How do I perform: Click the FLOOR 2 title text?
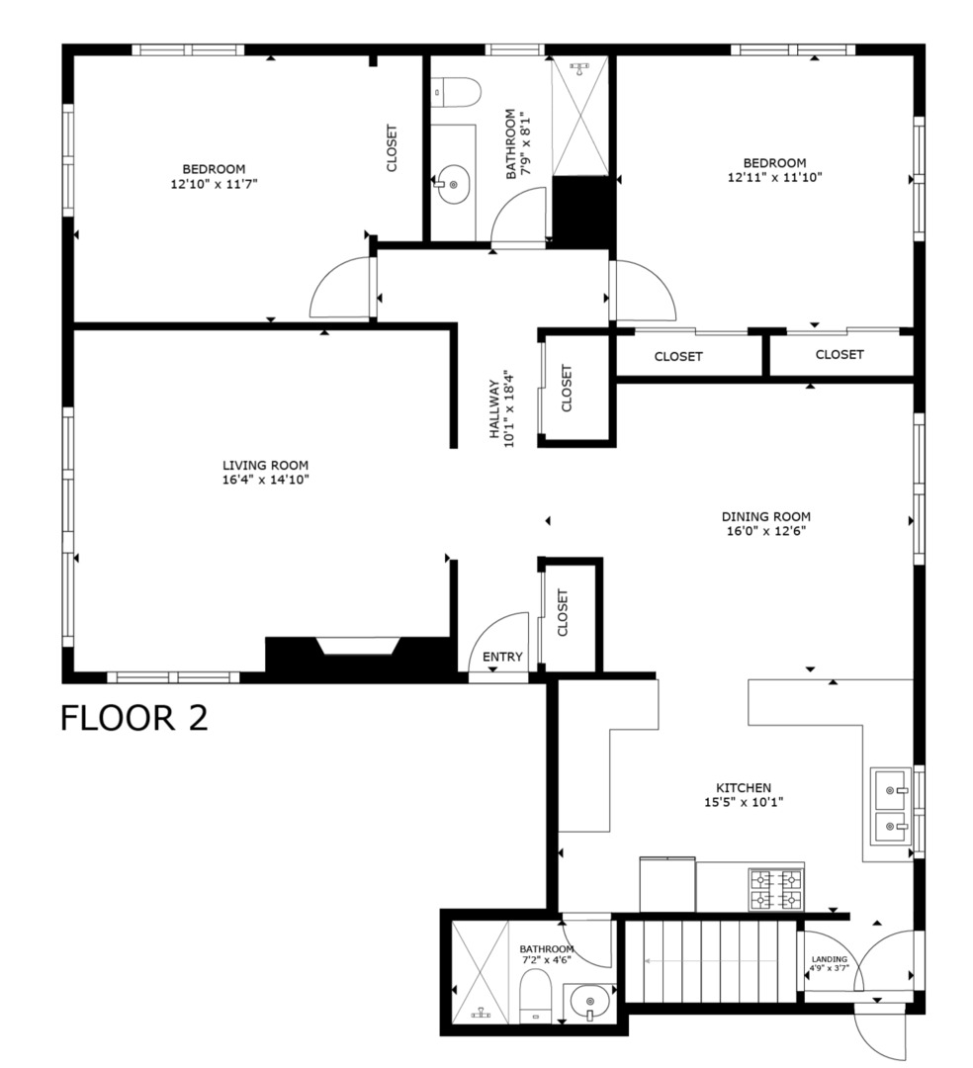(x=134, y=717)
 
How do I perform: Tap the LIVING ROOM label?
(x=265, y=465)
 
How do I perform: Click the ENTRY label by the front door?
(x=502, y=658)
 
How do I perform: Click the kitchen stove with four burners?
(x=775, y=888)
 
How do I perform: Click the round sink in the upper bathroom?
(x=454, y=184)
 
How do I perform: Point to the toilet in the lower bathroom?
(x=535, y=994)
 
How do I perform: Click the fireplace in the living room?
(x=356, y=648)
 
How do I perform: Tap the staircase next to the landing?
(x=712, y=959)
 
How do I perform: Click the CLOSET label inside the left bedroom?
(x=392, y=147)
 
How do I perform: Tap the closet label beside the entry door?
(x=564, y=613)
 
